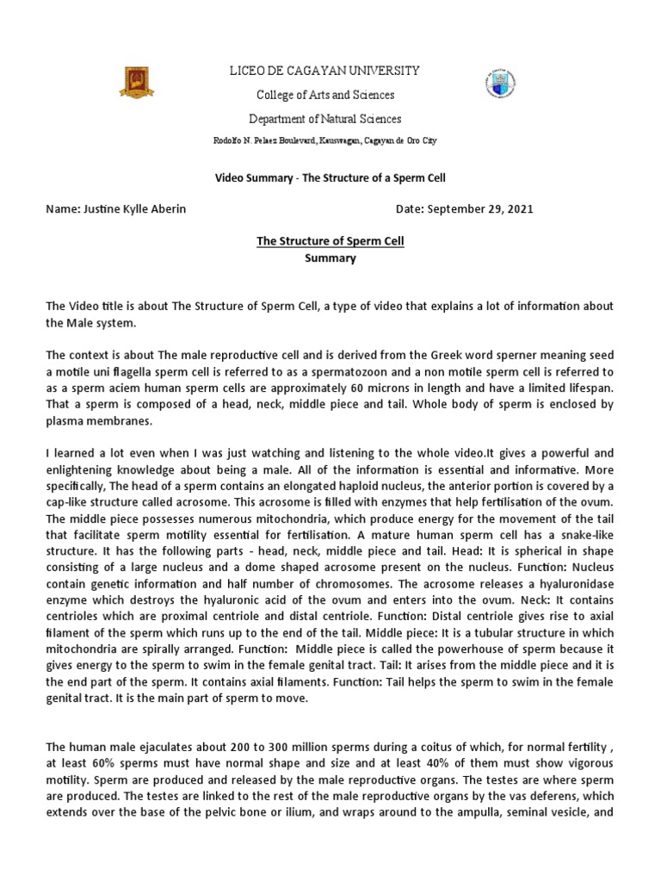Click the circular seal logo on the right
[x=498, y=84]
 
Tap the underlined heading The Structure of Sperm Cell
[x=330, y=241]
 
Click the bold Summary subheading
[x=330, y=258]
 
